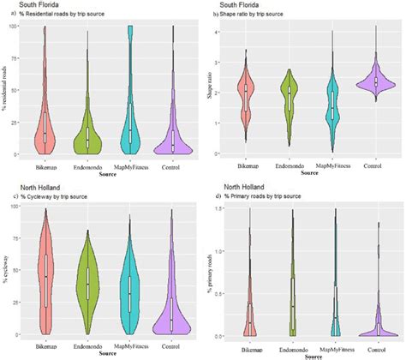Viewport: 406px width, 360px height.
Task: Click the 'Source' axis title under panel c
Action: [x=108, y=352]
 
